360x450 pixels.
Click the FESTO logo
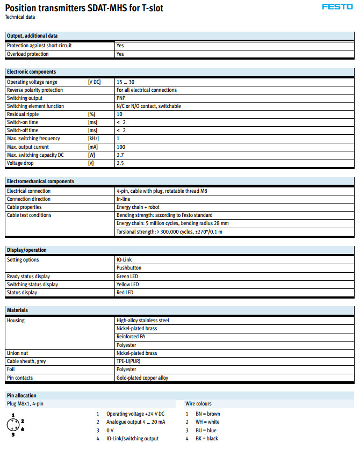click(x=337, y=7)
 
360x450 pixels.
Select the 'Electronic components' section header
click(x=31, y=72)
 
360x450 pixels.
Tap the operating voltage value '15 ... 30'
click(x=125, y=82)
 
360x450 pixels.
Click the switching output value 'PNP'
click(x=121, y=98)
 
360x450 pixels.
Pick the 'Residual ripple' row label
click(x=23, y=114)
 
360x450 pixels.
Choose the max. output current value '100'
click(x=121, y=147)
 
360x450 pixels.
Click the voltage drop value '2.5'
click(x=120, y=163)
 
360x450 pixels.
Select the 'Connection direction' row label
click(x=29, y=199)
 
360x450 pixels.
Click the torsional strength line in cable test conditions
click(x=169, y=232)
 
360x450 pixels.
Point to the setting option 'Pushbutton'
click(x=128, y=268)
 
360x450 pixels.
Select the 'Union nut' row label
click(x=17, y=353)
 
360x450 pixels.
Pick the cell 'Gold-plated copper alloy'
click(x=142, y=378)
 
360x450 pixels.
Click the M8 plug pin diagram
click(x=14, y=425)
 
